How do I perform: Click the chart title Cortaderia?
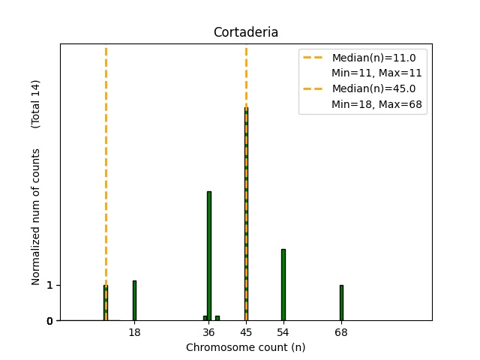point(246,32)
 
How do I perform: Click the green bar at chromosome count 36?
point(209,256)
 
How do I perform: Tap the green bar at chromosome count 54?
point(283,285)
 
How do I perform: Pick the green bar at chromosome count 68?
point(341,302)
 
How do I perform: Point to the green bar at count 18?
point(134,301)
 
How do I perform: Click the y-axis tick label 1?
point(49,285)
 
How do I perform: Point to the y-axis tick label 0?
point(49,321)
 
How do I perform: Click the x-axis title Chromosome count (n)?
point(246,347)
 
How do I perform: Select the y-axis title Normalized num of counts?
point(36,217)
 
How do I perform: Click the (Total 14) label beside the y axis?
point(36,103)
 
